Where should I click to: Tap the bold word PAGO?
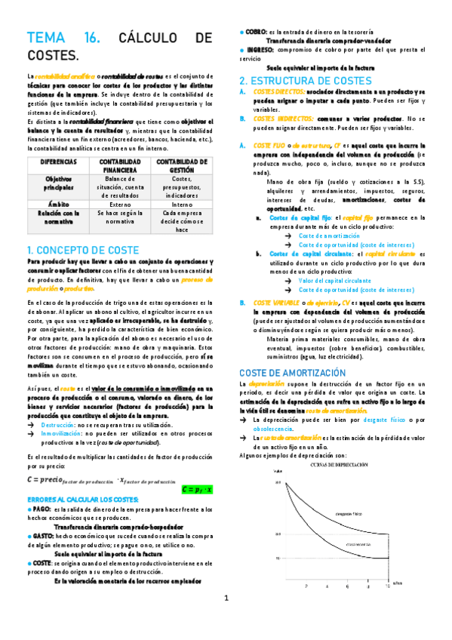coord(42,510)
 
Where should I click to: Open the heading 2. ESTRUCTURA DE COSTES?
coord(304,80)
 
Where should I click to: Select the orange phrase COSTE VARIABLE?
coord(280,303)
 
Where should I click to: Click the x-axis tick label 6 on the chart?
coord(348,586)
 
